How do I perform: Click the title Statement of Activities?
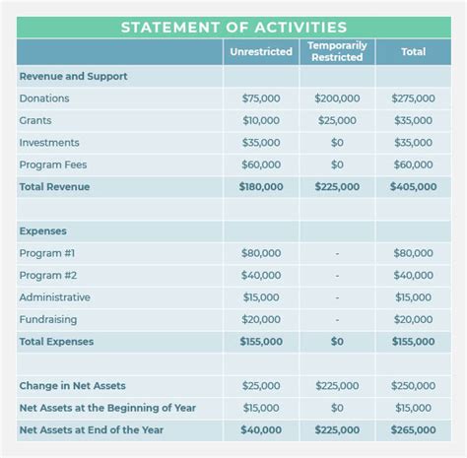(233, 27)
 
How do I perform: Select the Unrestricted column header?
(261, 51)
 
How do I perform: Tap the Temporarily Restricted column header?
(337, 51)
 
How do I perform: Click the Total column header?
(413, 51)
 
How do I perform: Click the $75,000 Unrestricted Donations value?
(261, 98)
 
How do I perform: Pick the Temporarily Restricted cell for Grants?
(337, 120)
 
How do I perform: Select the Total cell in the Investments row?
(413, 143)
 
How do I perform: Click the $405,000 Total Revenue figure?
(413, 186)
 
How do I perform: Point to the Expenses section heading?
(42, 230)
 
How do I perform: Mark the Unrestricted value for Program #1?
(261, 253)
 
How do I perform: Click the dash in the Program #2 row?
(337, 276)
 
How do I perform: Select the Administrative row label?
(54, 297)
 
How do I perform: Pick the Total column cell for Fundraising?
(413, 319)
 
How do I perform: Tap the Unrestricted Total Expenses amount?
(261, 342)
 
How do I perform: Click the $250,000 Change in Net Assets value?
(413, 386)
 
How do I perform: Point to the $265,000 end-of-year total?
(413, 430)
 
